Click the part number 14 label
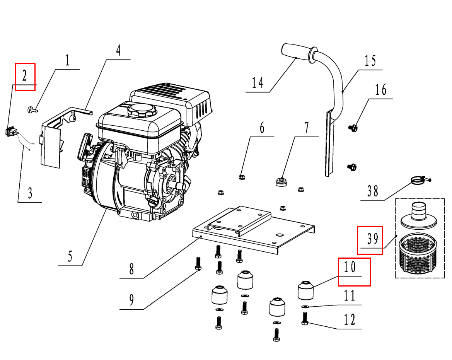[x=258, y=83]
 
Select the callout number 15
[x=370, y=61]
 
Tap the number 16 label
[x=380, y=90]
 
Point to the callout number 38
[x=372, y=191]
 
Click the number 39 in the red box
[x=372, y=240]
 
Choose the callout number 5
[x=70, y=256]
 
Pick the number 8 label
[x=131, y=269]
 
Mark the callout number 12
[x=349, y=320]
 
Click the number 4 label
[x=118, y=51]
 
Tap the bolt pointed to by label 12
[x=304, y=319]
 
